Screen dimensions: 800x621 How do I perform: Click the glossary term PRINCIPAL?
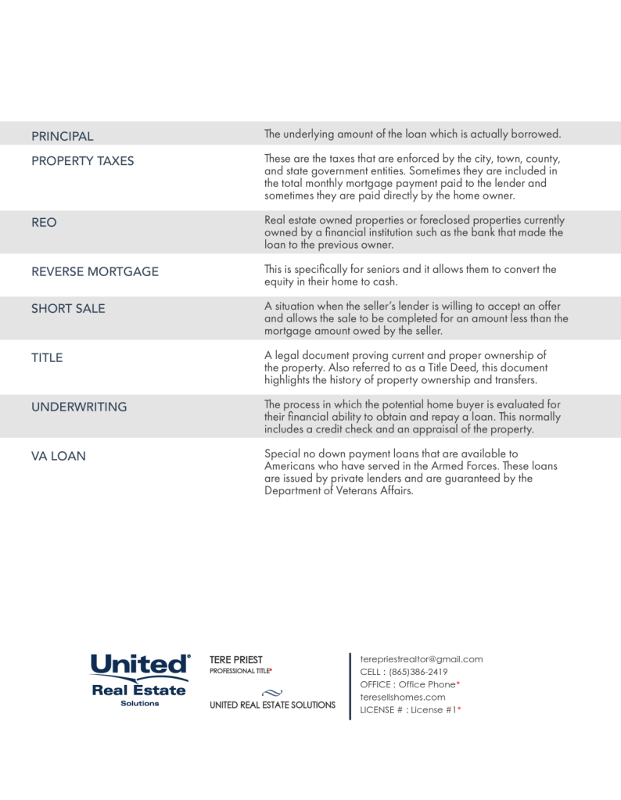pyautogui.click(x=62, y=136)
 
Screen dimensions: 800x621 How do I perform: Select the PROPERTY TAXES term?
pyautogui.click(x=82, y=161)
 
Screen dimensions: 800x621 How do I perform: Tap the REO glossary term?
pyautogui.click(x=44, y=222)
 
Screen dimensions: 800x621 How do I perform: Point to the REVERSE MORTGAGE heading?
pyautogui.click(x=95, y=271)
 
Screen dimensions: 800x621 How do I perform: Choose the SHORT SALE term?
pyautogui.click(x=68, y=308)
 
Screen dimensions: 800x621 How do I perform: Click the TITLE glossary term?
pyautogui.click(x=47, y=357)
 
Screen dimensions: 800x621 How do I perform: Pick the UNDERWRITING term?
pyautogui.click(x=78, y=407)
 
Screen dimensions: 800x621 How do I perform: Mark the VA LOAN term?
pyautogui.click(x=59, y=456)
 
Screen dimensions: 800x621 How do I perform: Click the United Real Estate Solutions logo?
pyautogui.click(x=140, y=680)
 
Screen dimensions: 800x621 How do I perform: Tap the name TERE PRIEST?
pyautogui.click(x=236, y=659)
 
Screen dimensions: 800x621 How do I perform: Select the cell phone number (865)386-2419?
pyautogui.click(x=418, y=672)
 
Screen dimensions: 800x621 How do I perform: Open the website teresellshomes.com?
pyautogui.click(x=402, y=697)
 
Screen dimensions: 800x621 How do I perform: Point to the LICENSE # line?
pyautogui.click(x=410, y=709)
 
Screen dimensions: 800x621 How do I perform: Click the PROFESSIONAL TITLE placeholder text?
pyautogui.click(x=241, y=671)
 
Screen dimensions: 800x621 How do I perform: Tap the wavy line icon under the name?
pyautogui.click(x=272, y=691)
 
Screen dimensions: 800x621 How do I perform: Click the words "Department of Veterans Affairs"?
pyautogui.click(x=338, y=491)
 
